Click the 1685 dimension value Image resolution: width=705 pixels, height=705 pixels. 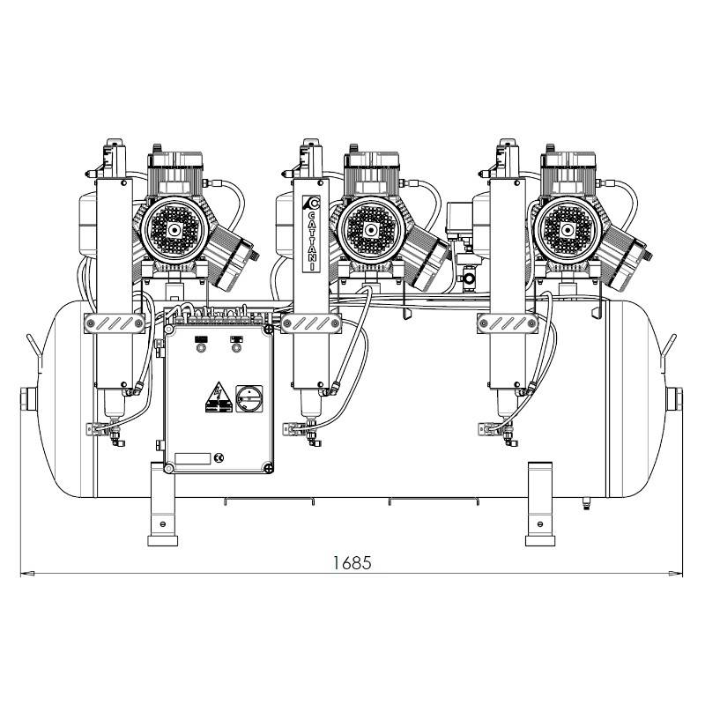click(352, 562)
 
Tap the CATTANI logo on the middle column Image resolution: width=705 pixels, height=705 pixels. click(311, 234)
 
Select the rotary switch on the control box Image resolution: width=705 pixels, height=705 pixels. click(249, 398)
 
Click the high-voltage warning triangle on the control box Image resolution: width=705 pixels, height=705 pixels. click(219, 397)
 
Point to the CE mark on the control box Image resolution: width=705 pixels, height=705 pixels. click(219, 458)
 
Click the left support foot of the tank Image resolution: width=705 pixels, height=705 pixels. click(163, 504)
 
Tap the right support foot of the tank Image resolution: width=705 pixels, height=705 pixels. click(540, 504)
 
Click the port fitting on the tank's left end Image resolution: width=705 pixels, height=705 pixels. click(28, 399)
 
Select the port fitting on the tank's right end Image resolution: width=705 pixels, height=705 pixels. click(674, 399)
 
